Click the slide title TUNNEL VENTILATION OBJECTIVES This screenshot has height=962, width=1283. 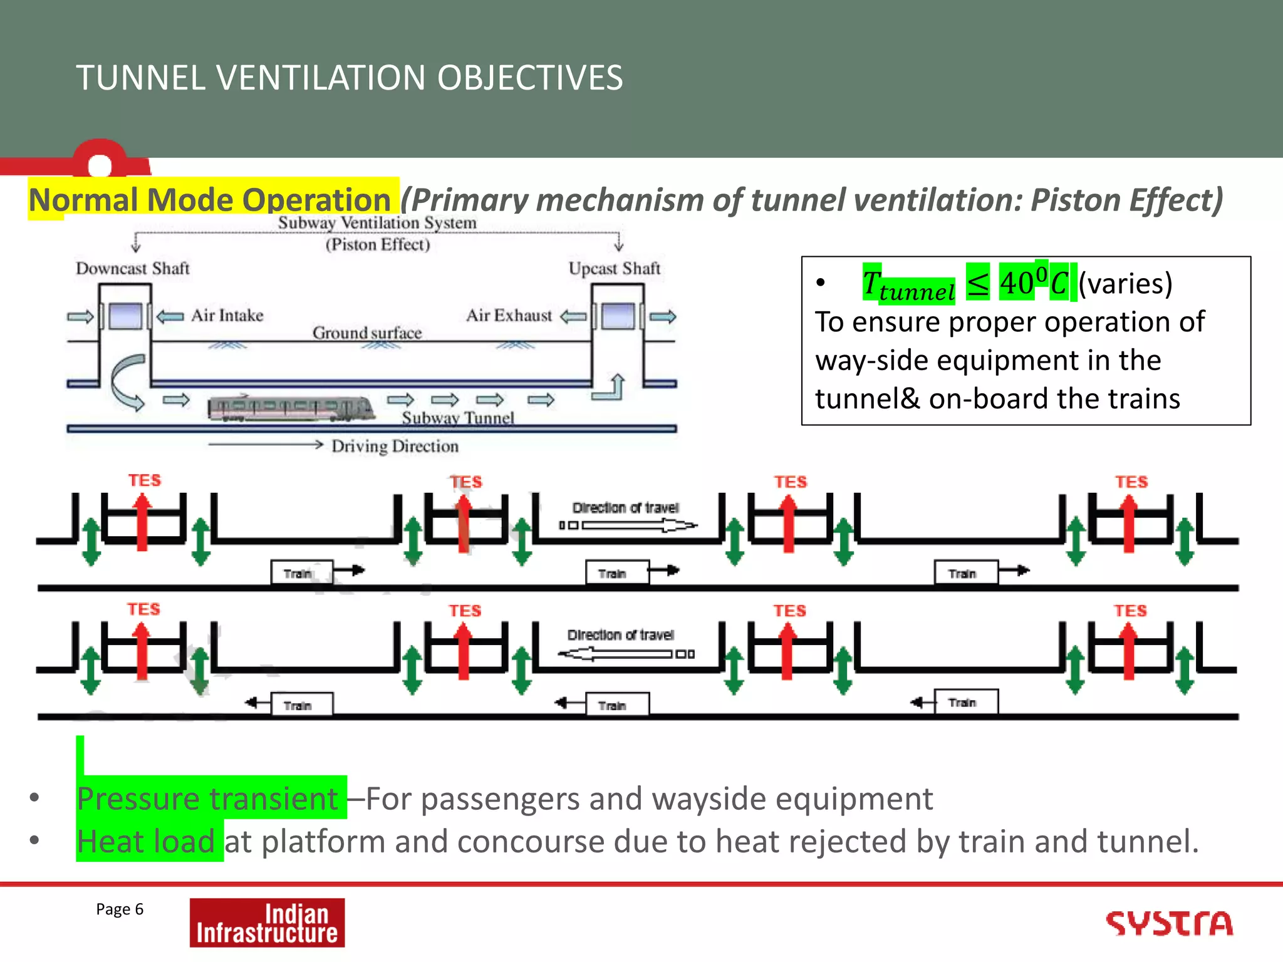coord(350,78)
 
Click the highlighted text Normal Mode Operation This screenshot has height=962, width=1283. coord(210,200)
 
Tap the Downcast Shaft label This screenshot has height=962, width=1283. coord(132,269)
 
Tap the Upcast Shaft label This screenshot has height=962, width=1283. coord(614,269)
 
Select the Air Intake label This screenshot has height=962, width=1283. coord(227,316)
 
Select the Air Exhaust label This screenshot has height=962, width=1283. coord(509,316)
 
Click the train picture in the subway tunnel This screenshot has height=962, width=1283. coord(291,408)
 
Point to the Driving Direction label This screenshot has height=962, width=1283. coord(395,447)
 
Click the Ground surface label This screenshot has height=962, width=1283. coord(367,333)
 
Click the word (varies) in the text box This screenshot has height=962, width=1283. coord(1126,284)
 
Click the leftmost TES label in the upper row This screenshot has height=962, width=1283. coord(145,480)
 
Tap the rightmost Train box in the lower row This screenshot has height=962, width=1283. coord(965,702)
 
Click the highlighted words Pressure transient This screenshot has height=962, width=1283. coord(207,799)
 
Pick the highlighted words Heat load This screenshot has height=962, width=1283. coord(146,841)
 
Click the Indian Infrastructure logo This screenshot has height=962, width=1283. coord(267,923)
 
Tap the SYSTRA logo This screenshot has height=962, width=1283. coord(1169,924)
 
